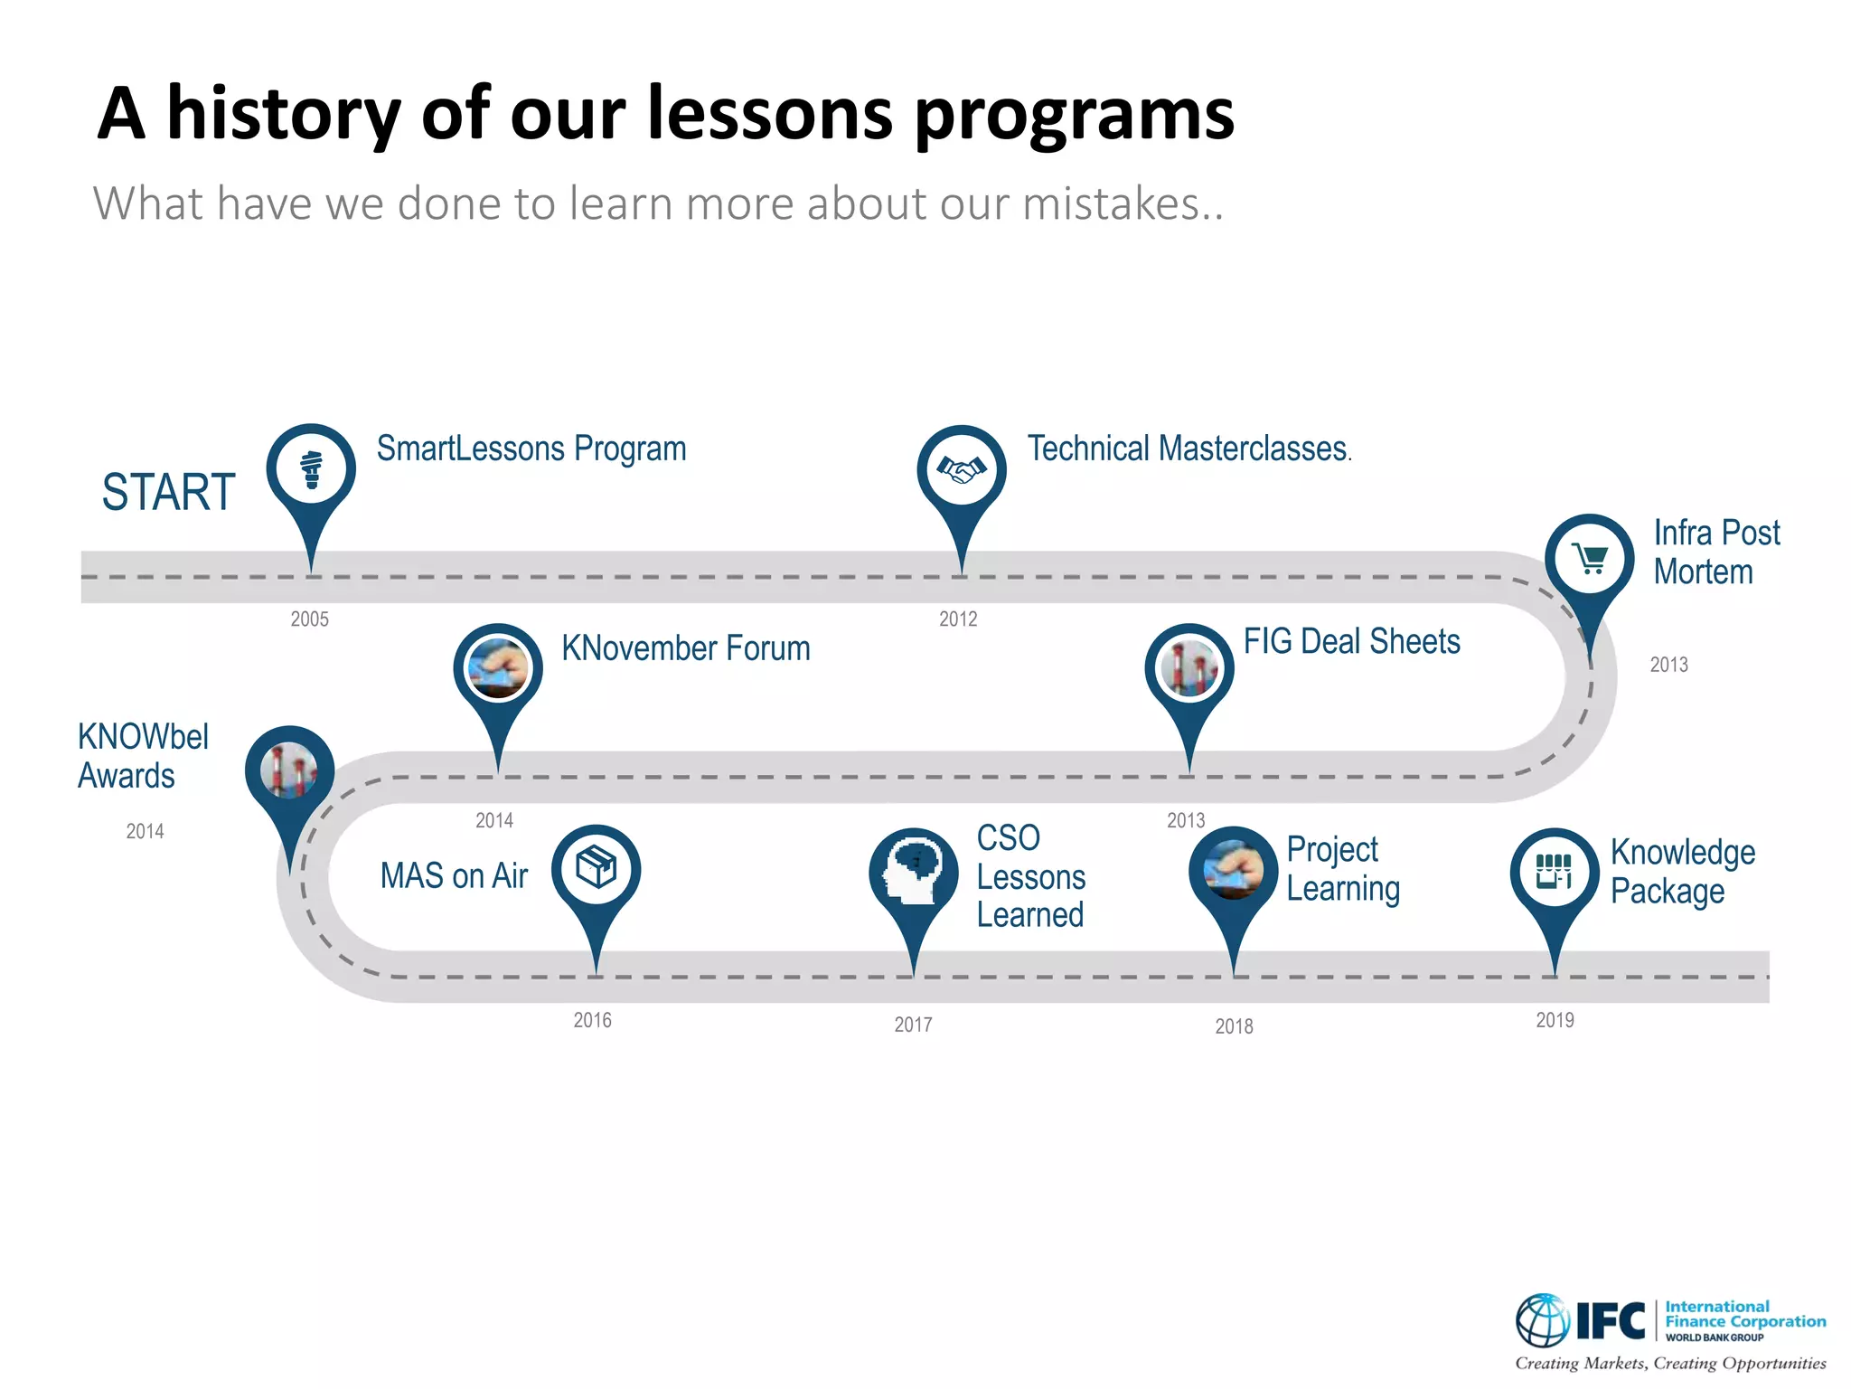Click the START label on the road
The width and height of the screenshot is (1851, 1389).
click(168, 493)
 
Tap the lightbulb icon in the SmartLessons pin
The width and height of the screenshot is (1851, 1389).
click(311, 468)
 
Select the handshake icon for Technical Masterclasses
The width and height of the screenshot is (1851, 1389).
click(961, 469)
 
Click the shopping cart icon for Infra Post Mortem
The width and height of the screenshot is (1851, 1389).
click(1589, 559)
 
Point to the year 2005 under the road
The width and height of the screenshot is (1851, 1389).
click(309, 619)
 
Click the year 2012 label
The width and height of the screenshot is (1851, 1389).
click(958, 619)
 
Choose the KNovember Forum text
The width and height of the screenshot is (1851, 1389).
click(685, 648)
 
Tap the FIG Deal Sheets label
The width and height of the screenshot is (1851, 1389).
click(1351, 641)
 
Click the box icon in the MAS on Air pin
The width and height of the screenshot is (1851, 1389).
click(596, 868)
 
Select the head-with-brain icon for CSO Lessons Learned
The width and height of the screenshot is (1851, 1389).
click(913, 872)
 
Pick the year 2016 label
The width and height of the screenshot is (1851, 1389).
click(592, 1020)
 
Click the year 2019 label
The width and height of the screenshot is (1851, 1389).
click(1555, 1020)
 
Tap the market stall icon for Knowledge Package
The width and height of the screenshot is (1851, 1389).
click(1554, 872)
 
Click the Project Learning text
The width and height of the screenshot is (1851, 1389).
click(1343, 869)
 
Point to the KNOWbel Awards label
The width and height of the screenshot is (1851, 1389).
click(143, 756)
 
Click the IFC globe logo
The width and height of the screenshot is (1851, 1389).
click(1542, 1320)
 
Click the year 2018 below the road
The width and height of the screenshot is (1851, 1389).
click(1234, 1026)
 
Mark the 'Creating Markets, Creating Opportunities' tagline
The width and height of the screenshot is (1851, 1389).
click(1670, 1363)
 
